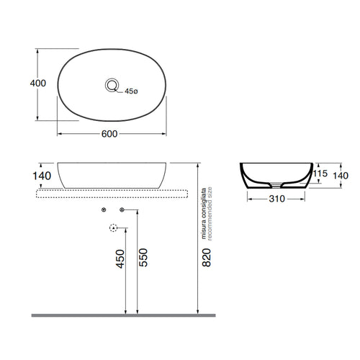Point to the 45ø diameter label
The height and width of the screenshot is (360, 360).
point(131,91)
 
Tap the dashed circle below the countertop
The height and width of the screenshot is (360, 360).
point(113,229)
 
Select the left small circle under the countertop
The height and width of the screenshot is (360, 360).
point(104,210)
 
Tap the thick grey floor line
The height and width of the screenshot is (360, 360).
point(122,315)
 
